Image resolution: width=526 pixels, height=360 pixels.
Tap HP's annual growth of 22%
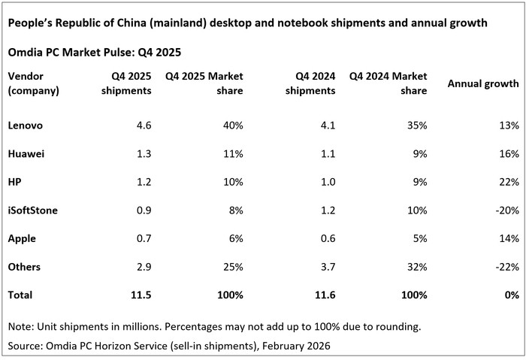coord(509,182)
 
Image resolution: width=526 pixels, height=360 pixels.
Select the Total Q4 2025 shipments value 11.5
coord(141,295)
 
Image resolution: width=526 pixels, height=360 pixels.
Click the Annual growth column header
coord(483,83)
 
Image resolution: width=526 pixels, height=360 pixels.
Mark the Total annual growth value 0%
coord(512,295)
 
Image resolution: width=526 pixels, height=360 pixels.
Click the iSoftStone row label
coord(33,210)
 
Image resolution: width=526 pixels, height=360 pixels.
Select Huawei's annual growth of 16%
coord(509,153)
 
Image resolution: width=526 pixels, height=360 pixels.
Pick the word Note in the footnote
coord(20,327)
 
